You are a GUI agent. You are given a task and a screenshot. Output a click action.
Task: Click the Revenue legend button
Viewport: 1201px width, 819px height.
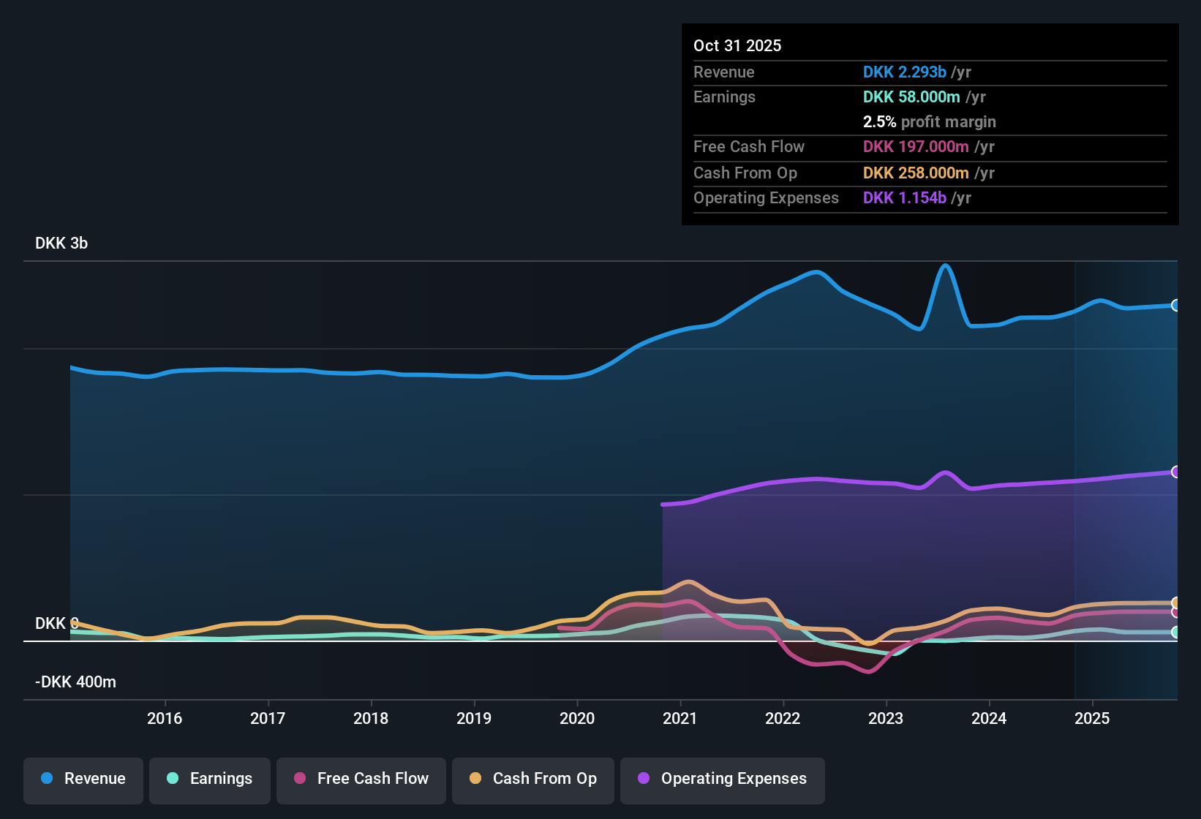83,779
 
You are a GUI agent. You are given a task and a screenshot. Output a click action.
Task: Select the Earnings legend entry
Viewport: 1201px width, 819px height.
210,779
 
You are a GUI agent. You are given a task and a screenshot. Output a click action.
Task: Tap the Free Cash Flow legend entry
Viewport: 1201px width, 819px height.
361,779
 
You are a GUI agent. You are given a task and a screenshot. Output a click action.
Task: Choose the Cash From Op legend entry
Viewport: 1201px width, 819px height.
533,779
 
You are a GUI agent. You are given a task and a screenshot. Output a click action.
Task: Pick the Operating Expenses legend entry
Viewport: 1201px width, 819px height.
723,779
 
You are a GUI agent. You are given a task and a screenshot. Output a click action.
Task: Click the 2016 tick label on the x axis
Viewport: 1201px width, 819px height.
165,718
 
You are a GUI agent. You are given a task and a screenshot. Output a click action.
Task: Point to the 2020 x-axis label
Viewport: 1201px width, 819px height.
577,718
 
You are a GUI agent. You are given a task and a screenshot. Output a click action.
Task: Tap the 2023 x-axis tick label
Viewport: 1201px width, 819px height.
886,718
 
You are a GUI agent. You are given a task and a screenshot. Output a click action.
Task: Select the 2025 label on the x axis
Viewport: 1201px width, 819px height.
1092,718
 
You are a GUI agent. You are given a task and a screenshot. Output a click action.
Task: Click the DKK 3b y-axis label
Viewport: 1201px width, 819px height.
61,244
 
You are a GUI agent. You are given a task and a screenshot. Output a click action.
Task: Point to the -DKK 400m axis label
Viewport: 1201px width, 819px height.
75,682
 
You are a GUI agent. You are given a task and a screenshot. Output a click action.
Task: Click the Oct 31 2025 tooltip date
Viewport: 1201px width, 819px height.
737,45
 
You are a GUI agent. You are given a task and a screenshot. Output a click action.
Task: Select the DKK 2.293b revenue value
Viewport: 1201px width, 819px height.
904,72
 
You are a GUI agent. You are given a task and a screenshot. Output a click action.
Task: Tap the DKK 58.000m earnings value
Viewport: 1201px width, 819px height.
911,97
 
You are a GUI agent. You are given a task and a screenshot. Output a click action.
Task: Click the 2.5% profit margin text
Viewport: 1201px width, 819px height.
929,121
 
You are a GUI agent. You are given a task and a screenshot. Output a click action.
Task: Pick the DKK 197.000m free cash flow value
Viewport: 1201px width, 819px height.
916,146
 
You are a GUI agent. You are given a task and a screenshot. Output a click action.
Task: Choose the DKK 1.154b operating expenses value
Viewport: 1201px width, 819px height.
904,197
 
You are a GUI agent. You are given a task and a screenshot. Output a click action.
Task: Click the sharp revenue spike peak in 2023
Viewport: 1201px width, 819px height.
946,265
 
